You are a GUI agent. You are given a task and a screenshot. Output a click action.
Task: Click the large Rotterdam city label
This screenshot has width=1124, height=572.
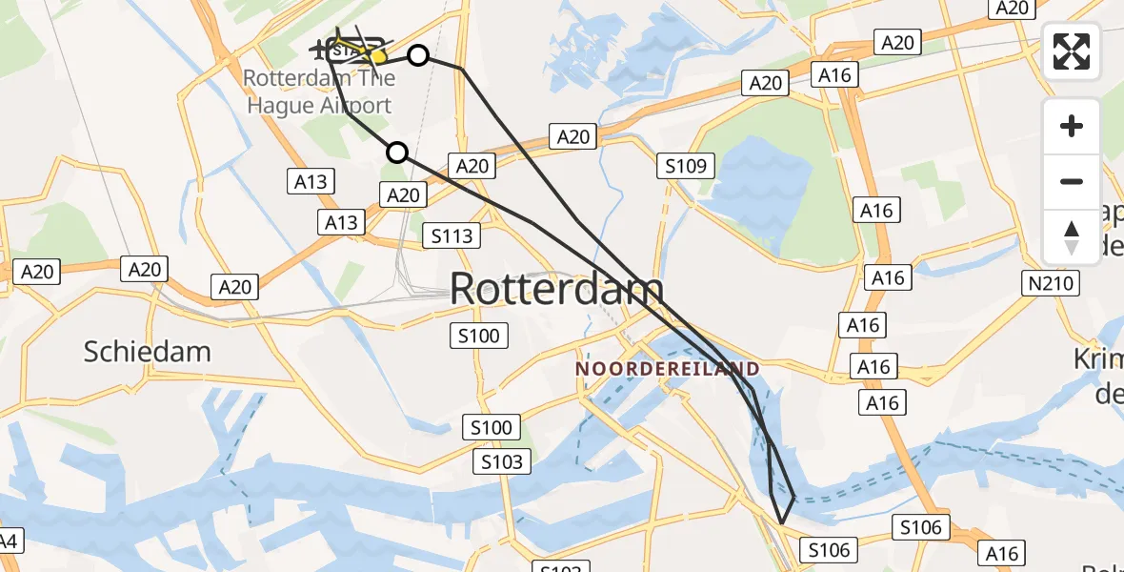pyautogui.click(x=556, y=288)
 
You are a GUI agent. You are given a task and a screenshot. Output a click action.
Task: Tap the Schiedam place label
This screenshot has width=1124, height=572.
pyautogui.click(x=147, y=352)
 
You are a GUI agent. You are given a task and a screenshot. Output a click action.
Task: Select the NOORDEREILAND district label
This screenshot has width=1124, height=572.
pyautogui.click(x=668, y=369)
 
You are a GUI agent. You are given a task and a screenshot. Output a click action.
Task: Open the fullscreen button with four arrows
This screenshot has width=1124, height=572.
pyautogui.click(x=1072, y=51)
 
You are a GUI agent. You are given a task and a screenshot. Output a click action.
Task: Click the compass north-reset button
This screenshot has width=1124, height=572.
pyautogui.click(x=1072, y=237)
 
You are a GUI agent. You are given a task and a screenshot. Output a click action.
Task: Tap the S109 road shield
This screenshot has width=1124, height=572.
pyautogui.click(x=685, y=167)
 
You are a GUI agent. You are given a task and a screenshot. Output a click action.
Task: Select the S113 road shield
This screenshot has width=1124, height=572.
pyautogui.click(x=452, y=235)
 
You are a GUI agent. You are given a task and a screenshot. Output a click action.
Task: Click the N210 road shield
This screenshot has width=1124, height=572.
pyautogui.click(x=1051, y=283)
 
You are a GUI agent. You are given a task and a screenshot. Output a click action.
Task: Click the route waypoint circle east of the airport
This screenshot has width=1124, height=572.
pyautogui.click(x=418, y=55)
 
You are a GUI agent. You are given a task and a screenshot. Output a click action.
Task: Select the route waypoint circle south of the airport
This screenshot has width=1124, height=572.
pyautogui.click(x=397, y=152)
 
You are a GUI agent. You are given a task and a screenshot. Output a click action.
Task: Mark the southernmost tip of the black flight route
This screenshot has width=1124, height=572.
pyautogui.click(x=781, y=522)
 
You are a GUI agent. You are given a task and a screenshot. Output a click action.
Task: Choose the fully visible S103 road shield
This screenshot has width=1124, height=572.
pyautogui.click(x=502, y=462)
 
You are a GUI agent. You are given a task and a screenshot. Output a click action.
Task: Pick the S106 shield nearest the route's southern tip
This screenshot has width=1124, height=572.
pyautogui.click(x=828, y=549)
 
